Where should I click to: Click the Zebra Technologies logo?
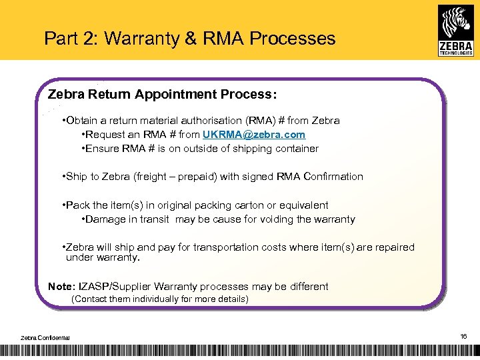click(456, 30)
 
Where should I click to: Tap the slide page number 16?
click(463, 337)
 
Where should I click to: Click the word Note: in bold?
click(61, 287)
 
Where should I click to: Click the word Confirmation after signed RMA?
click(333, 177)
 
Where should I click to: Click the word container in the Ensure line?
click(295, 149)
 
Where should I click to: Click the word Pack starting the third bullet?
click(77, 205)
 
